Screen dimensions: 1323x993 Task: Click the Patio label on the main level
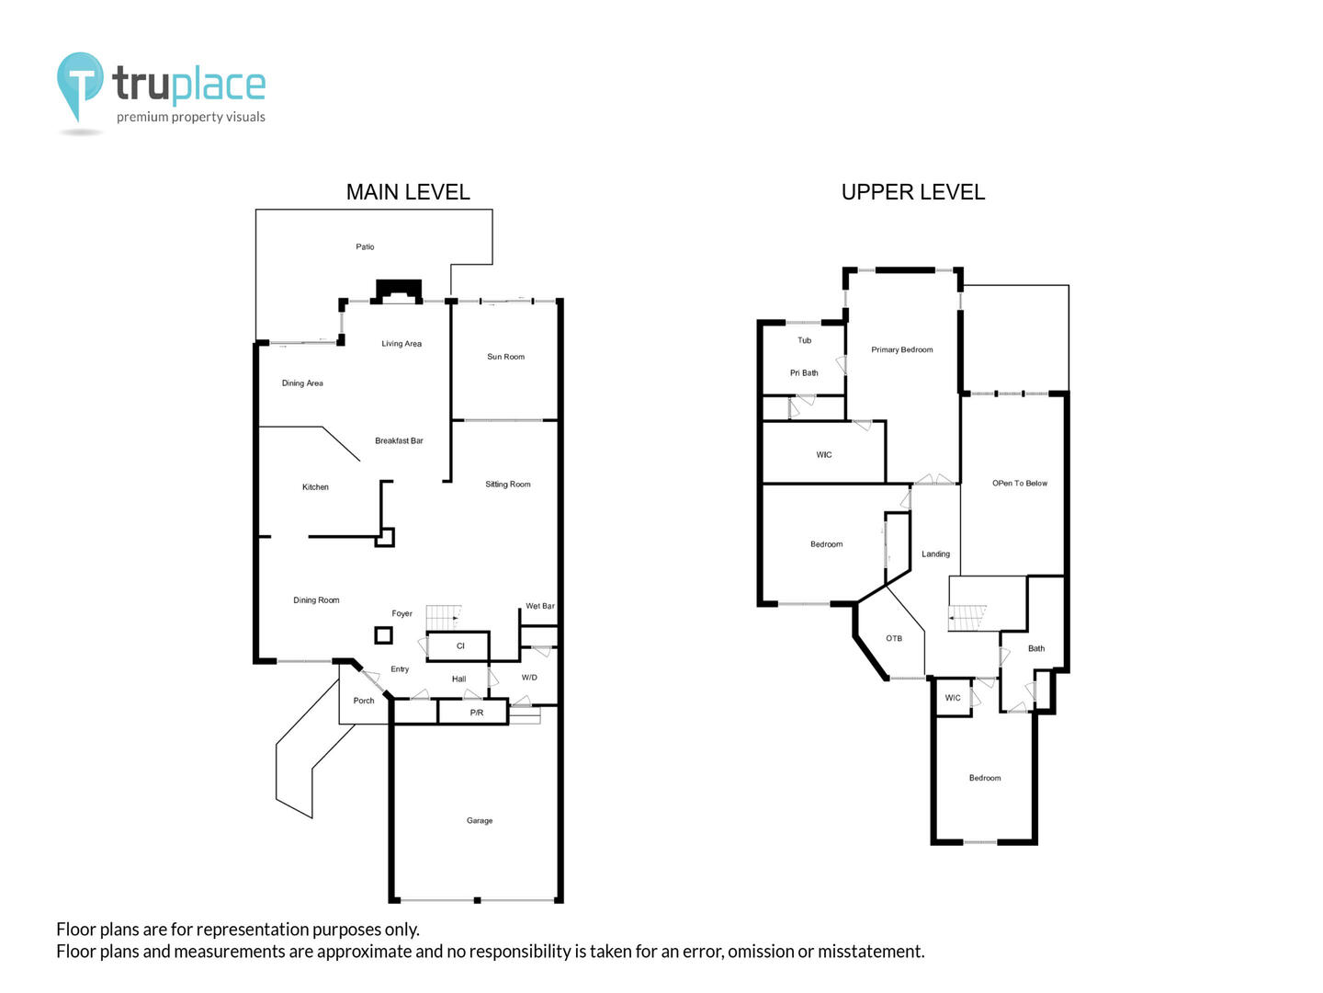pyautogui.click(x=365, y=246)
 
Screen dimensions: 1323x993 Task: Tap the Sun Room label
pyautogui.click(x=505, y=357)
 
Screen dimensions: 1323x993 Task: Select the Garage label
pyautogui.click(x=480, y=820)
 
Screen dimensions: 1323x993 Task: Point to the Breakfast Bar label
pyautogui.click(x=399, y=440)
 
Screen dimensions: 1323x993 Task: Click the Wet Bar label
pyautogui.click(x=540, y=606)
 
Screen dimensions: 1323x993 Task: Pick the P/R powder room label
pyautogui.click(x=477, y=713)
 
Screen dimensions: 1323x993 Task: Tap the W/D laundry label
pyautogui.click(x=529, y=678)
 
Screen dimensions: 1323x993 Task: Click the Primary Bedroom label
pyautogui.click(x=901, y=349)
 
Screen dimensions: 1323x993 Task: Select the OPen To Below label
pyautogui.click(x=1020, y=484)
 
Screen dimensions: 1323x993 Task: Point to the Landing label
pyautogui.click(x=935, y=554)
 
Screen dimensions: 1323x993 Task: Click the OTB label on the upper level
pyautogui.click(x=894, y=638)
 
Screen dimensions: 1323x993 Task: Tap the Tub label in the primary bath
pyautogui.click(x=805, y=340)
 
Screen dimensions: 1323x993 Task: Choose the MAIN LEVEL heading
pyautogui.click(x=408, y=192)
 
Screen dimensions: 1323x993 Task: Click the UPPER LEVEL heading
pyautogui.click(x=913, y=192)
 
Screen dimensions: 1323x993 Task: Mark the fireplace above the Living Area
pyautogui.click(x=399, y=291)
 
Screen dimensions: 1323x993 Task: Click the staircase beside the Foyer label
pyautogui.click(x=444, y=617)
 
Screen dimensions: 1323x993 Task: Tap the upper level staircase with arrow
pyautogui.click(x=967, y=618)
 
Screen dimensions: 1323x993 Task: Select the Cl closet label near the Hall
pyautogui.click(x=460, y=646)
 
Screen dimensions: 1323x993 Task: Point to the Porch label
pyautogui.click(x=364, y=701)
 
